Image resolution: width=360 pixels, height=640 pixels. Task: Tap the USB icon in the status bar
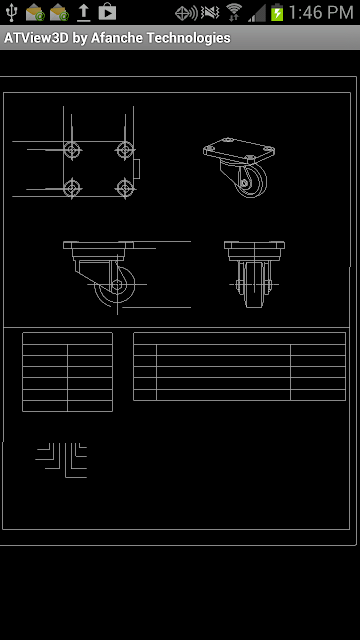coord(12,12)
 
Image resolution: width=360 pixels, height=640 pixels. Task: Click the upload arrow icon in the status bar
coord(84,13)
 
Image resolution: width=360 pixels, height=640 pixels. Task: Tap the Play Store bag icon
coord(107,12)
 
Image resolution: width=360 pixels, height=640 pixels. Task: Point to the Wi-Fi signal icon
coord(234,12)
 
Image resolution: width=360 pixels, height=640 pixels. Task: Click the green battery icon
coord(277,12)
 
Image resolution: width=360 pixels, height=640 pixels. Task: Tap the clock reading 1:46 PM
coord(321,13)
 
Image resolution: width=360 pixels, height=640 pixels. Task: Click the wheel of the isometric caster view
coord(252,181)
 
